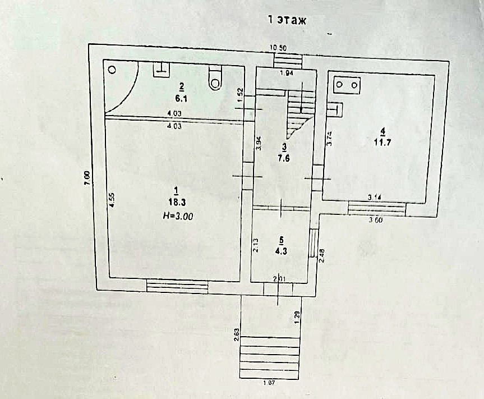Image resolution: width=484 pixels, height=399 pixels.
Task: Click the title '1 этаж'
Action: [x=288, y=21]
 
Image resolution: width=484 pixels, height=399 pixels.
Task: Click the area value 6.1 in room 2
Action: [x=181, y=97]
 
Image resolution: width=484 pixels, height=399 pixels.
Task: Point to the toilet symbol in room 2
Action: [x=215, y=79]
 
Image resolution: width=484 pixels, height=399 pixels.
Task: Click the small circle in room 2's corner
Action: [x=112, y=70]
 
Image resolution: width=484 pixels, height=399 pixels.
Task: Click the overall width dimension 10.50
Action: [x=279, y=47]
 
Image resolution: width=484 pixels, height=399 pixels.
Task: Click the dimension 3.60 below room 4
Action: [x=376, y=219]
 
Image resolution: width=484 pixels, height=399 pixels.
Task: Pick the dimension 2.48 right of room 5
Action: [x=322, y=257]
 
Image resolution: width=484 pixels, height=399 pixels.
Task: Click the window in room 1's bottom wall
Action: [x=177, y=286]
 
